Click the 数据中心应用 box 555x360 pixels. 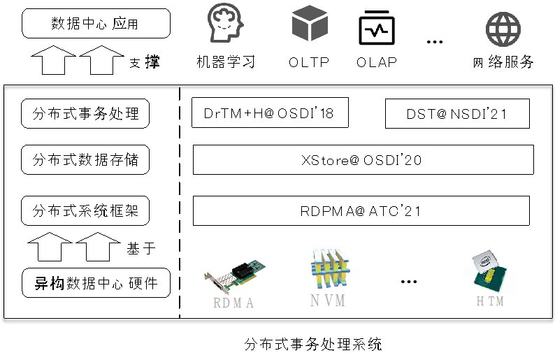(96, 23)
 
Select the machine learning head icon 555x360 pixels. (225, 25)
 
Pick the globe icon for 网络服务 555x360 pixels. (503, 29)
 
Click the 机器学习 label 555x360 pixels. (226, 62)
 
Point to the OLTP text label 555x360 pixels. (309, 62)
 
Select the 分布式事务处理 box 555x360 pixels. (86, 113)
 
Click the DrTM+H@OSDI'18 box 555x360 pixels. (270, 113)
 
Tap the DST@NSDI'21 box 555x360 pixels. (457, 114)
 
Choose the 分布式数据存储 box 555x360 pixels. (86, 160)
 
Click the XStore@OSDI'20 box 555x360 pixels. (363, 160)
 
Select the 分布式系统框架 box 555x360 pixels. (86, 210)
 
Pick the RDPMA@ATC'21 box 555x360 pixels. (361, 210)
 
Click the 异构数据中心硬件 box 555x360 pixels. (96, 283)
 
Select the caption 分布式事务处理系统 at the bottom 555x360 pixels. (313, 344)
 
